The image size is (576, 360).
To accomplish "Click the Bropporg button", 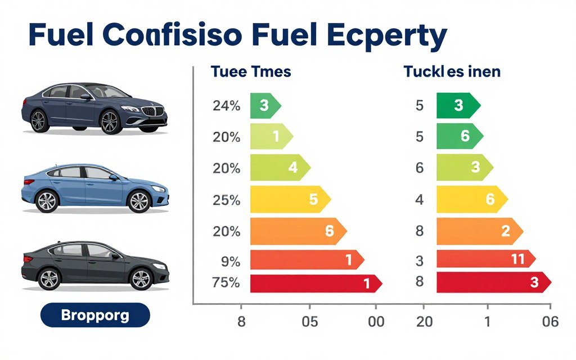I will click(x=96, y=315).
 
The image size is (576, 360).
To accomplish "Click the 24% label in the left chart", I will click(x=227, y=106).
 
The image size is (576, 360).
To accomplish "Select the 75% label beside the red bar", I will click(x=226, y=283).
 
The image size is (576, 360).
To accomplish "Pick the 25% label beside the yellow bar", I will click(x=227, y=200).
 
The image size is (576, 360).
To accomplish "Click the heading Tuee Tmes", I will click(x=251, y=72).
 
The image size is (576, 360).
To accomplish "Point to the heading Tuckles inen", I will click(x=452, y=72).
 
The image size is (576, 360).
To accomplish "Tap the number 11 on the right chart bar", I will click(x=517, y=259).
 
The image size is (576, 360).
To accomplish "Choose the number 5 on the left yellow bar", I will click(x=313, y=199).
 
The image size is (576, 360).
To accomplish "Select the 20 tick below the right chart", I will click(x=425, y=322).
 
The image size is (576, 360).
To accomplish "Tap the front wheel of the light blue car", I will click(x=139, y=201).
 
